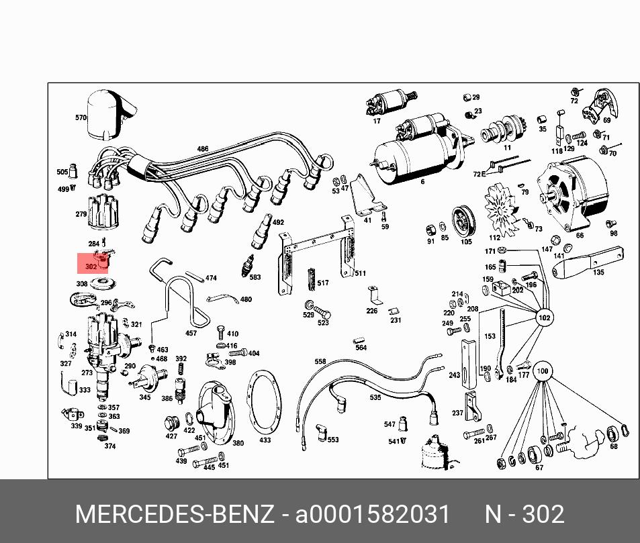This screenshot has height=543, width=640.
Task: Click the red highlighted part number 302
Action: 91,267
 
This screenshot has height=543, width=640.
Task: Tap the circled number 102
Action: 544,317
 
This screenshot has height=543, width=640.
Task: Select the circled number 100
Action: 543,371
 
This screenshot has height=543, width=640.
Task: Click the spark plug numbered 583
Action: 248,265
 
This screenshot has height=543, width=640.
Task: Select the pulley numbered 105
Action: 463,222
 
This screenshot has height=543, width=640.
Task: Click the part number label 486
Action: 202,149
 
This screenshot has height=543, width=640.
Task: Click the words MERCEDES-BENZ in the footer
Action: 175,513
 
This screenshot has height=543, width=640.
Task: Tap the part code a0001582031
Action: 372,513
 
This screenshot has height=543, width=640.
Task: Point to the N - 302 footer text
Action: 524,513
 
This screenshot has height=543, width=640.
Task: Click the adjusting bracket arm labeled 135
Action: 588,262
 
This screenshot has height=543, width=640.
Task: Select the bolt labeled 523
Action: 322,313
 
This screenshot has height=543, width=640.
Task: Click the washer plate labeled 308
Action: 103,283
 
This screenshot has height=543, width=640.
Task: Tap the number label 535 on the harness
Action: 375,397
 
